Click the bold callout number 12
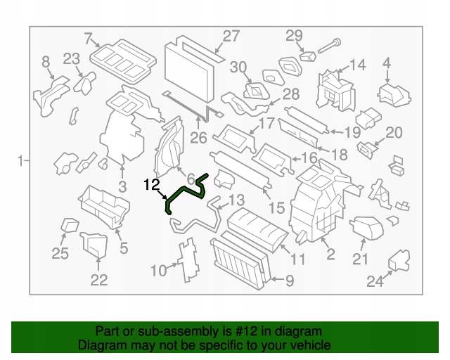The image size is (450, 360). click(152, 185)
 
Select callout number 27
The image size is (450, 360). click(231, 36)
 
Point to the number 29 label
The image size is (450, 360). click(294, 36)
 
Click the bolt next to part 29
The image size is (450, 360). click(329, 46)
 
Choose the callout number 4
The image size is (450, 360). click(387, 63)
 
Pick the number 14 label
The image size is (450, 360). click(358, 65)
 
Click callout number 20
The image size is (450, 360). click(394, 133)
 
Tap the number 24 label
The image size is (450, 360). click(375, 281)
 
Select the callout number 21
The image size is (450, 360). click(360, 259)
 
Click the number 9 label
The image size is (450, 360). click(289, 281)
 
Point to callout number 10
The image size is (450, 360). click(158, 271)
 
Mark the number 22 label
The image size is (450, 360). click(98, 280)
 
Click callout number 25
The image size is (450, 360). click(60, 253)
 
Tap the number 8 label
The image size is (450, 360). click(46, 62)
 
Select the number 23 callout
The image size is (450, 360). click(71, 59)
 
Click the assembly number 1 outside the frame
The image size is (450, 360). click(20, 161)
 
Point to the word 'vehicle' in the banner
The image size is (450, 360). click(311, 345)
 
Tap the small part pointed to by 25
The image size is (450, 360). click(69, 225)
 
